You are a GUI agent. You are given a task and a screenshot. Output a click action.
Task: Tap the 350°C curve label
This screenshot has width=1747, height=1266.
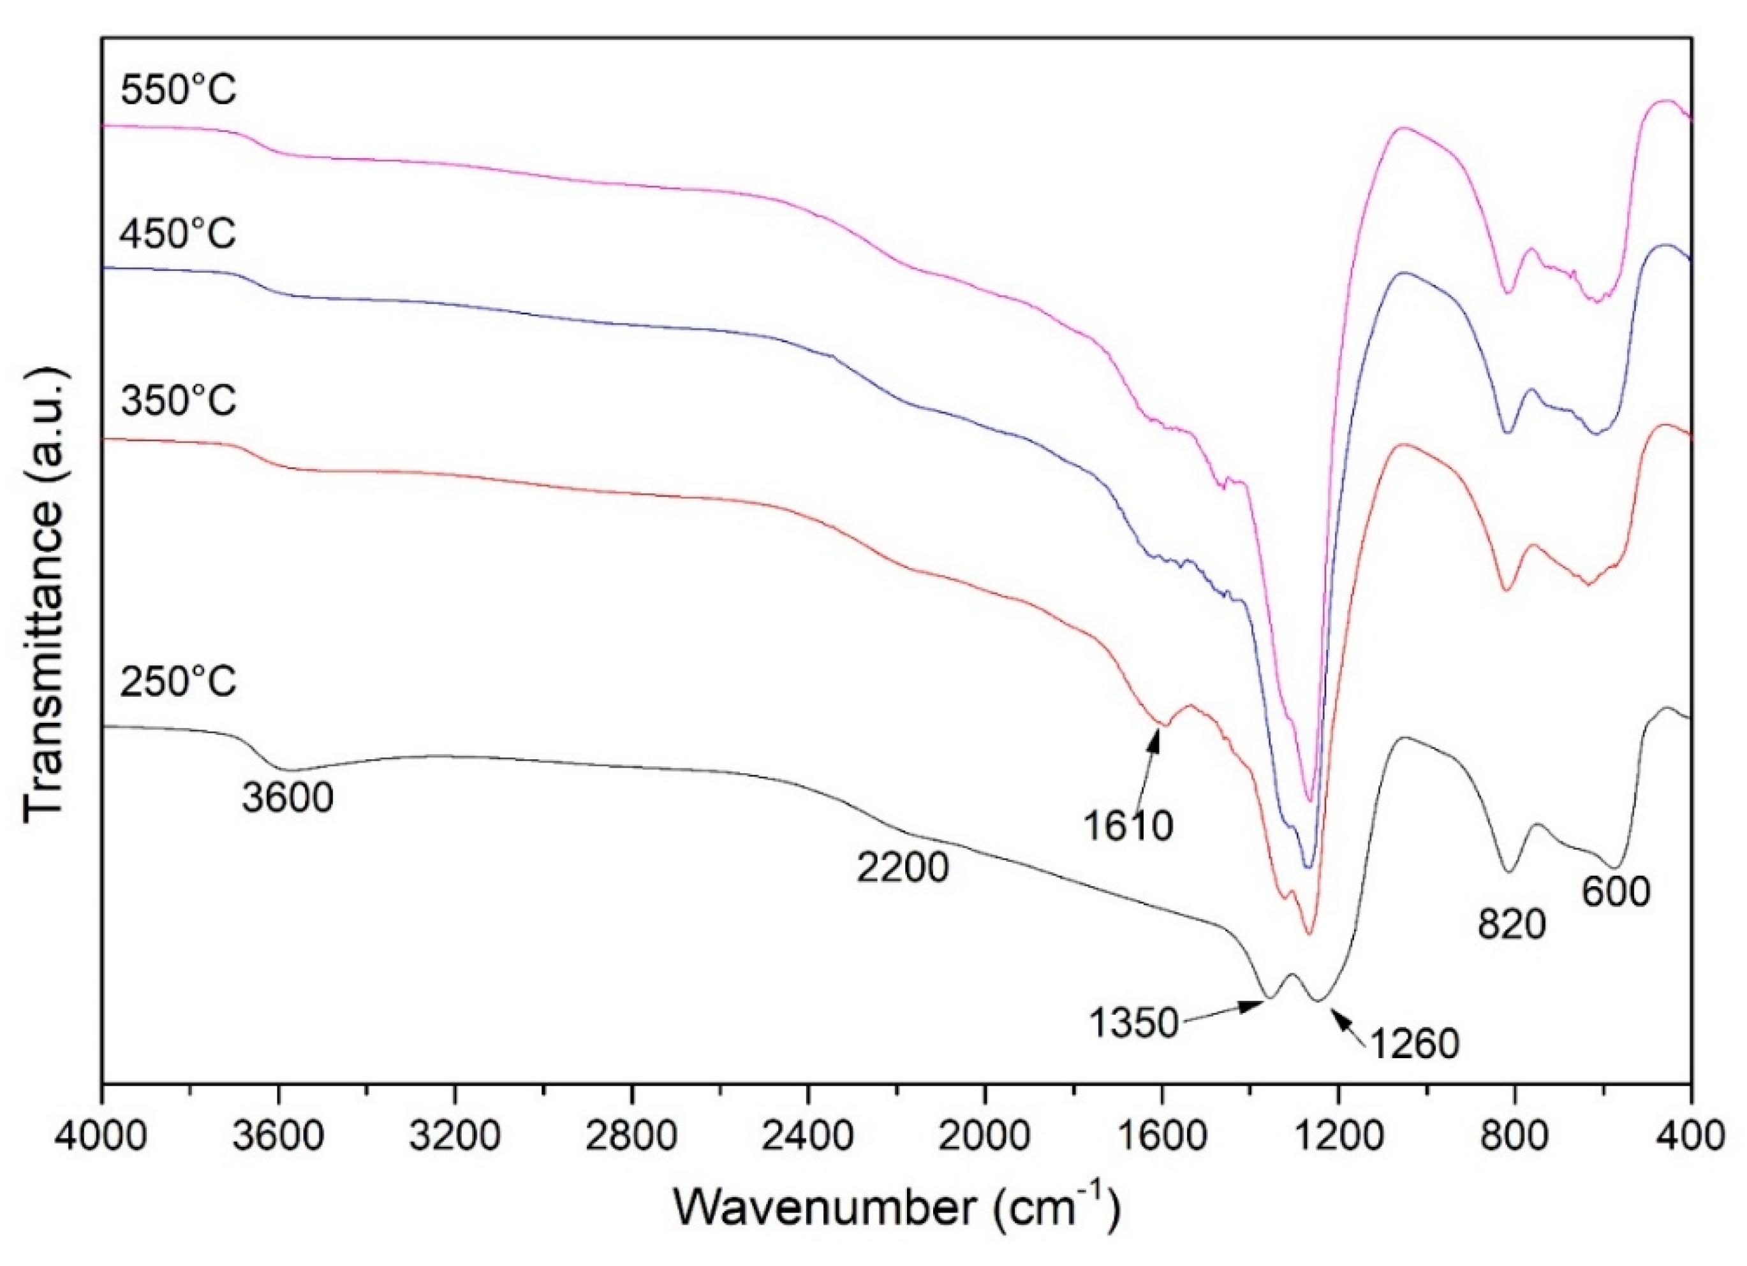[178, 402]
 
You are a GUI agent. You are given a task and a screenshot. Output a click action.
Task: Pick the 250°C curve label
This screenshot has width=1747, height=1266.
[178, 682]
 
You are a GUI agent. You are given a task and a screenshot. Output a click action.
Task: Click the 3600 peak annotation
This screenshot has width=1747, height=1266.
[286, 798]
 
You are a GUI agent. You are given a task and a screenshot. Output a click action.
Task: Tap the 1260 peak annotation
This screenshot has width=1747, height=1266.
[1413, 1045]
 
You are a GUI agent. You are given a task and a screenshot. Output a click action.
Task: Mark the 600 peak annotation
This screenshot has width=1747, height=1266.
[1616, 892]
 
